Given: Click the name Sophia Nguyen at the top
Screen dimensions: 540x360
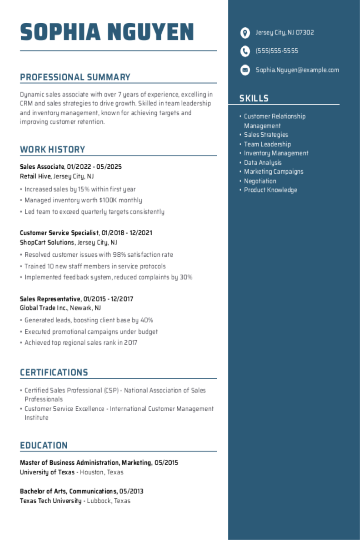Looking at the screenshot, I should point(107,32).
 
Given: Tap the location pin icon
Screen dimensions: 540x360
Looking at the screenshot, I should point(245,33).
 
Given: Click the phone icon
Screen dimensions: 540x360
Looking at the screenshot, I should point(245,51).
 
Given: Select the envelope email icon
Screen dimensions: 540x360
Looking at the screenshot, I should point(245,70).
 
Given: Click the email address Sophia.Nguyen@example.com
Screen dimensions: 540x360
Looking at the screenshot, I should point(297,70).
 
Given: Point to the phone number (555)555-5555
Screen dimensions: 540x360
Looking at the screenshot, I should point(277,51).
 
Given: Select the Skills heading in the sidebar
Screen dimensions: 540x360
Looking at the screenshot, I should point(254,98).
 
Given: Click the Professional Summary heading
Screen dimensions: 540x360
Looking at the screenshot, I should point(75,77).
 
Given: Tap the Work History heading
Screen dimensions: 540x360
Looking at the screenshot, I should point(52,150).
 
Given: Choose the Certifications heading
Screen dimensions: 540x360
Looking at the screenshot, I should point(54,372).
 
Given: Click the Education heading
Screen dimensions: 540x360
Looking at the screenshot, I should point(44,446).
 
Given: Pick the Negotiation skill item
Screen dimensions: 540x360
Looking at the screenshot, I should point(260,181).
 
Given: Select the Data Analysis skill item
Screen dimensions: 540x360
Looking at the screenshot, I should point(263,162).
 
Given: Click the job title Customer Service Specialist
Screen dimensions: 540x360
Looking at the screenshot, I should point(59,233).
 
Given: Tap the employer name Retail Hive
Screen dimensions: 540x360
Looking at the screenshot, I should point(36,176).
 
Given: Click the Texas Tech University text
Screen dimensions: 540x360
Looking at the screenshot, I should point(51,501).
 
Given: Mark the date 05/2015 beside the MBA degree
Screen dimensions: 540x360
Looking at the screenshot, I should point(166,463).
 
